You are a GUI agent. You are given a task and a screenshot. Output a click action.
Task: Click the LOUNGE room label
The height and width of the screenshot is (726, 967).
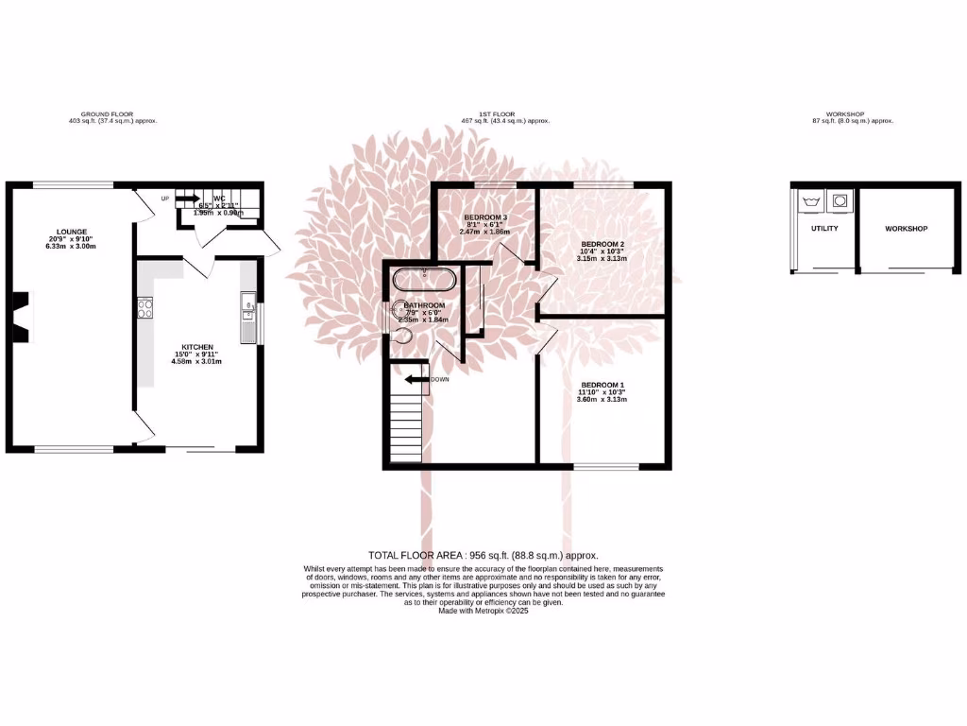pos(72,232)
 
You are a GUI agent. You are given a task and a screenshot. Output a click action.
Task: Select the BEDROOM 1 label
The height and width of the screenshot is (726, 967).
pos(602,385)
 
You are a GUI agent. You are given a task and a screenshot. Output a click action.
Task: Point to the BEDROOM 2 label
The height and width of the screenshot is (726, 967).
pos(602,243)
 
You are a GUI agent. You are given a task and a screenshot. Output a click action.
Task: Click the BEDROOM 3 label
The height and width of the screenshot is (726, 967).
pos(485,217)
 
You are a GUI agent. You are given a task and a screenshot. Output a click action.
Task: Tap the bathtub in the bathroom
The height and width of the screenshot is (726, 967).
pos(425,281)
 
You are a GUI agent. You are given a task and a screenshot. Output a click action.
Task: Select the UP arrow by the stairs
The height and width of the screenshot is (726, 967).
pos(185,199)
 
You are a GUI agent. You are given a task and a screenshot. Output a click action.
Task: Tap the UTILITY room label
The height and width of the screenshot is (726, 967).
pos(824,229)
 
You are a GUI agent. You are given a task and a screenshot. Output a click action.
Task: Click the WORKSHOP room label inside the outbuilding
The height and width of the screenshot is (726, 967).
pos(906,229)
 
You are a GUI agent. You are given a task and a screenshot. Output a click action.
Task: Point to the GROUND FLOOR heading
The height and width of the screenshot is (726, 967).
pos(108,113)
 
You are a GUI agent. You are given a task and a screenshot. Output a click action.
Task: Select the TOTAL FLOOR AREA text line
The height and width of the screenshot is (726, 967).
pos(483,556)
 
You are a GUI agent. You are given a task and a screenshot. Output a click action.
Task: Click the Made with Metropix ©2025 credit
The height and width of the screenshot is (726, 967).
pos(483,611)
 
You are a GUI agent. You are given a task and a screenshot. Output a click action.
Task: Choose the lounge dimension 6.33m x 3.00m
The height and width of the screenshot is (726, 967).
pos(72,246)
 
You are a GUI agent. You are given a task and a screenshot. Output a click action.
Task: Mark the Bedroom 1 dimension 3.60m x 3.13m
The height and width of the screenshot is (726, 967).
pos(602,400)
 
